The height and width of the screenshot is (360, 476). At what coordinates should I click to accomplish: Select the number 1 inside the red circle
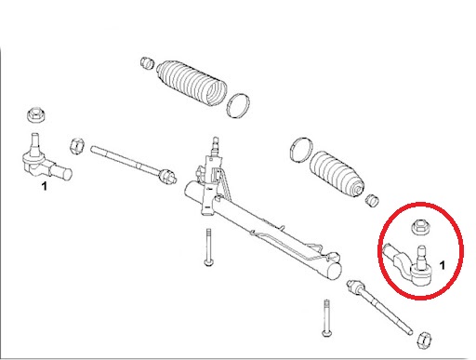pyautogui.click(x=442, y=266)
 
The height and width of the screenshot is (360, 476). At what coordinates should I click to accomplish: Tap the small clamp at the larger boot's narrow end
pyautogui.click(x=146, y=63)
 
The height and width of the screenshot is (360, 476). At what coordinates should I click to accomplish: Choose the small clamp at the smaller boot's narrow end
pyautogui.click(x=374, y=199)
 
